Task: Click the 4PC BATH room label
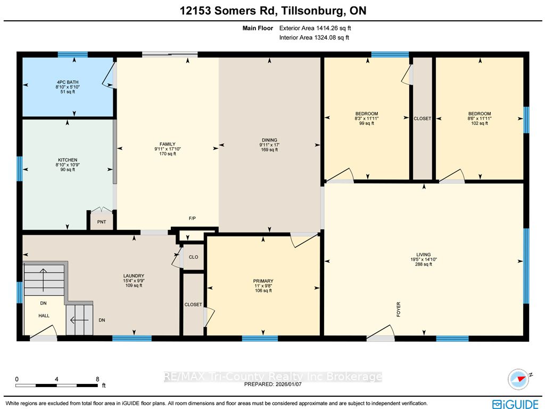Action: pyautogui.click(x=68, y=82)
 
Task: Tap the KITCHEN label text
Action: pyautogui.click(x=68, y=160)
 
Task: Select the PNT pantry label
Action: pyautogui.click(x=102, y=222)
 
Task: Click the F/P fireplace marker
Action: pyautogui.click(x=192, y=219)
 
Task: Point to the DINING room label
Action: pyautogui.click(x=269, y=140)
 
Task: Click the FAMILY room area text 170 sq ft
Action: pyautogui.click(x=168, y=154)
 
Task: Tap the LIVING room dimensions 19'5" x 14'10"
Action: pyautogui.click(x=423, y=260)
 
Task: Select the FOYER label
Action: pyautogui.click(x=399, y=309)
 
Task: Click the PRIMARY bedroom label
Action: pyautogui.click(x=263, y=281)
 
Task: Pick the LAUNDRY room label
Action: pyautogui.click(x=134, y=276)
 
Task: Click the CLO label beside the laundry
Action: pyautogui.click(x=194, y=257)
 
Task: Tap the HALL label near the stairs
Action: pyautogui.click(x=44, y=316)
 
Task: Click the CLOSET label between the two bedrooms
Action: pyautogui.click(x=422, y=118)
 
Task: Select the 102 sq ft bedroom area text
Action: pyautogui.click(x=480, y=123)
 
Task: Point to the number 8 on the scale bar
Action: pyautogui.click(x=98, y=379)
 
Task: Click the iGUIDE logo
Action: pyautogui.click(x=515, y=404)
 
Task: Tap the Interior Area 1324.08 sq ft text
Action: pyautogui.click(x=314, y=37)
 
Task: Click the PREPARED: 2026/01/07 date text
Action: pyautogui.click(x=273, y=384)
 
